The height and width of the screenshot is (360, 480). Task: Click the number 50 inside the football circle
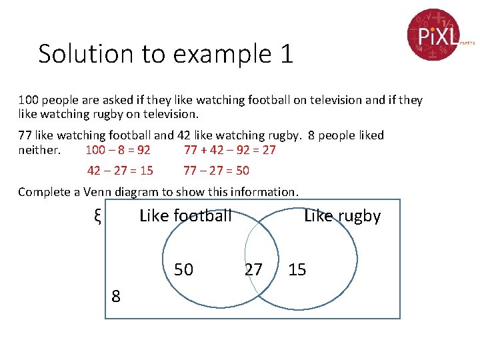pos(183,269)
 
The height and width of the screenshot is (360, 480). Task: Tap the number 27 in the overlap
pos(253,269)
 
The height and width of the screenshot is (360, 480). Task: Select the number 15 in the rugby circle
pos(297,269)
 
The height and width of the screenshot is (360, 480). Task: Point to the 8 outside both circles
pos(116,297)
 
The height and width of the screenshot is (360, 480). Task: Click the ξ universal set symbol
pos(97,216)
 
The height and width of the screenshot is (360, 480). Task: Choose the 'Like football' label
pos(185,216)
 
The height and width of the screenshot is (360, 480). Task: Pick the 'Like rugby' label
pos(342,216)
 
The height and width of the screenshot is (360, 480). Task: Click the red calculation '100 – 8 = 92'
pos(118,150)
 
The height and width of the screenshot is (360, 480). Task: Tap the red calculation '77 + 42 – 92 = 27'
pos(229,150)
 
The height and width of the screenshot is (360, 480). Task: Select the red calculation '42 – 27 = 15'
pos(120,171)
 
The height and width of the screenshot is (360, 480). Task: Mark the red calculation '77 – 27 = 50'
pos(216,171)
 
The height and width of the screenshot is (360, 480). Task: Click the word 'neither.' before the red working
pos(39,150)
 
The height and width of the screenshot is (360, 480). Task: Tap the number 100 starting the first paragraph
pos(29,100)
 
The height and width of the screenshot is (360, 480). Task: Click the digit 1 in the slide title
pos(287,54)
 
